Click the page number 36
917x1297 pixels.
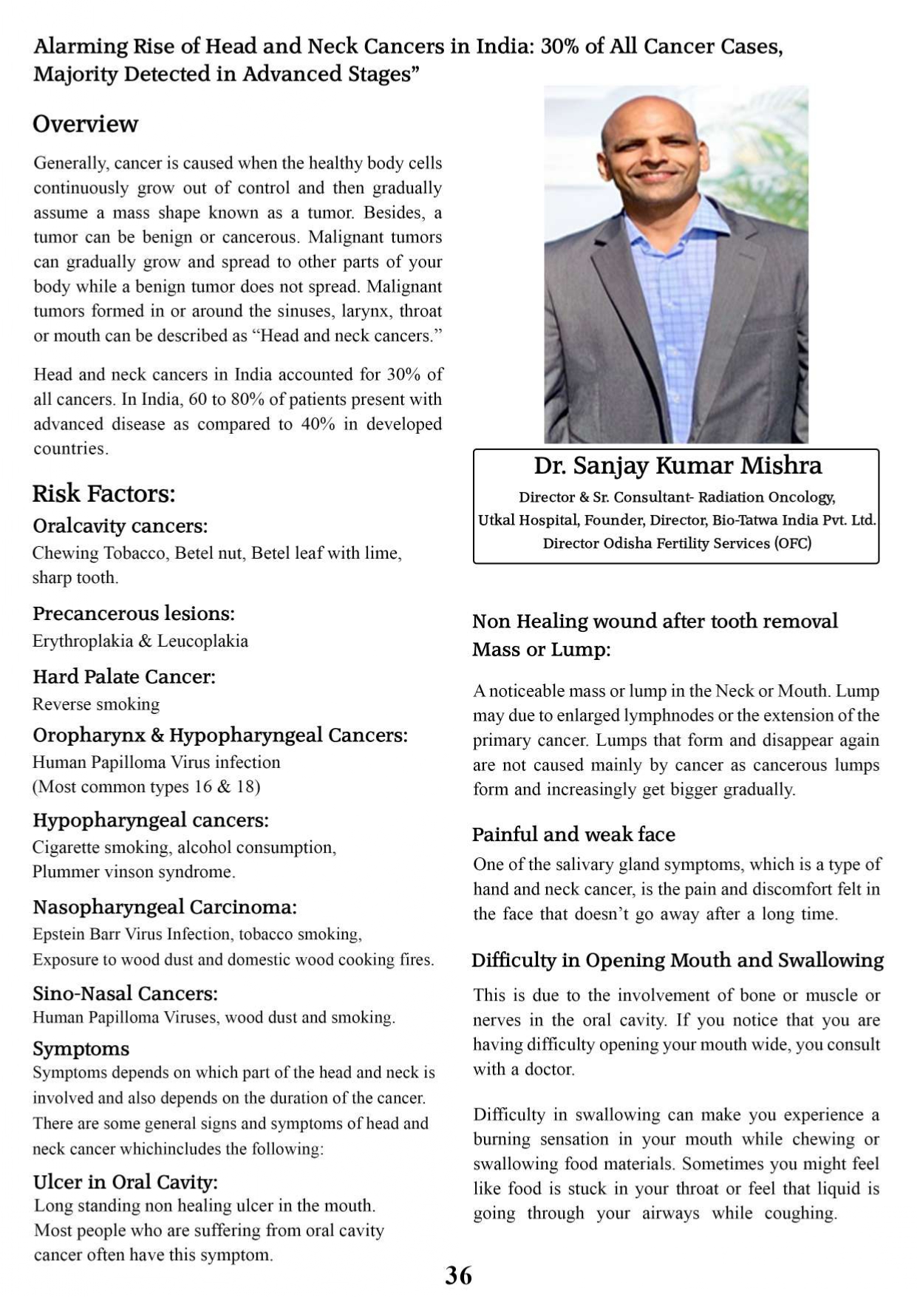click(458, 1275)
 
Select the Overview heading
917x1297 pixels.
click(85, 123)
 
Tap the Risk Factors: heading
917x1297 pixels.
click(103, 493)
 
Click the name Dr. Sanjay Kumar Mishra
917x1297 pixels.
click(678, 466)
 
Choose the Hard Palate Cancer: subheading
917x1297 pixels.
click(124, 676)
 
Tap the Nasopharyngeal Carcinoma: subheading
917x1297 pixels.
click(165, 907)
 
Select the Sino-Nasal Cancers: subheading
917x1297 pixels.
click(125, 993)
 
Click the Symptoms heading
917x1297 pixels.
click(81, 1049)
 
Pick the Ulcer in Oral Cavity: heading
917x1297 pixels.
click(126, 1182)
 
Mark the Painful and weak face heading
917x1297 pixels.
click(573, 834)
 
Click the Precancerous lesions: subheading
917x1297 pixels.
click(134, 613)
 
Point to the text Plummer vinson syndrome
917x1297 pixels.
click(134, 872)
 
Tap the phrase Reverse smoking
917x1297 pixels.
click(96, 704)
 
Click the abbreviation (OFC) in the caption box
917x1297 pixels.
click(793, 543)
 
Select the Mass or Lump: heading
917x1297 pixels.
click(542, 650)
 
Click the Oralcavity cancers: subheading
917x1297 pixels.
click(120, 525)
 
